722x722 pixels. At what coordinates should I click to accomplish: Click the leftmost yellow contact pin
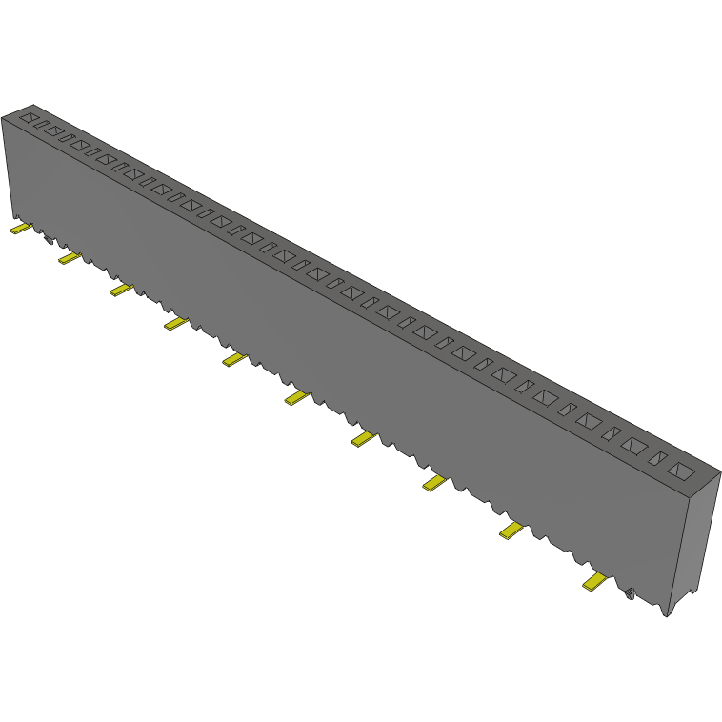tap(20, 229)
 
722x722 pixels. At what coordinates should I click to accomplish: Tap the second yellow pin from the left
tap(69, 257)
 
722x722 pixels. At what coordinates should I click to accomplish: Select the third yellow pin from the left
tap(120, 289)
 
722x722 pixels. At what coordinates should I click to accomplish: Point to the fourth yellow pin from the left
tap(175, 324)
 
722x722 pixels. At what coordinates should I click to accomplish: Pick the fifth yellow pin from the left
tap(233, 359)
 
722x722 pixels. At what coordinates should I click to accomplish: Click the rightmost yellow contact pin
tap(595, 582)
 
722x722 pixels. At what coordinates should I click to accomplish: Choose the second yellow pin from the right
tap(511, 531)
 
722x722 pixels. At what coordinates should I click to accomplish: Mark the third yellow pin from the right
tap(434, 484)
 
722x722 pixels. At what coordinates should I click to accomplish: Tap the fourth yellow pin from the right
tap(363, 439)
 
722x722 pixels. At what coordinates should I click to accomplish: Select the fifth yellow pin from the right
tap(296, 398)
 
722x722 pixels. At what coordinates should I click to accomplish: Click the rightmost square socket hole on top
tap(682, 471)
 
